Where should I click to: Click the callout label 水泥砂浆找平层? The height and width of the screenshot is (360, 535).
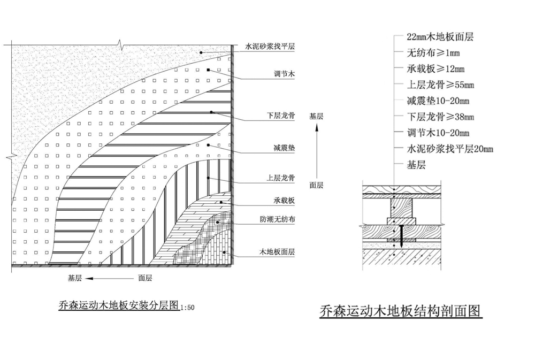270,47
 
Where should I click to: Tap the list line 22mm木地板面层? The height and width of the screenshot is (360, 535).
440,37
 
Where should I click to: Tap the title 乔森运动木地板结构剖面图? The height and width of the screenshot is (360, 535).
400,311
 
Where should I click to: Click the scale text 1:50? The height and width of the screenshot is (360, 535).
187,308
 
